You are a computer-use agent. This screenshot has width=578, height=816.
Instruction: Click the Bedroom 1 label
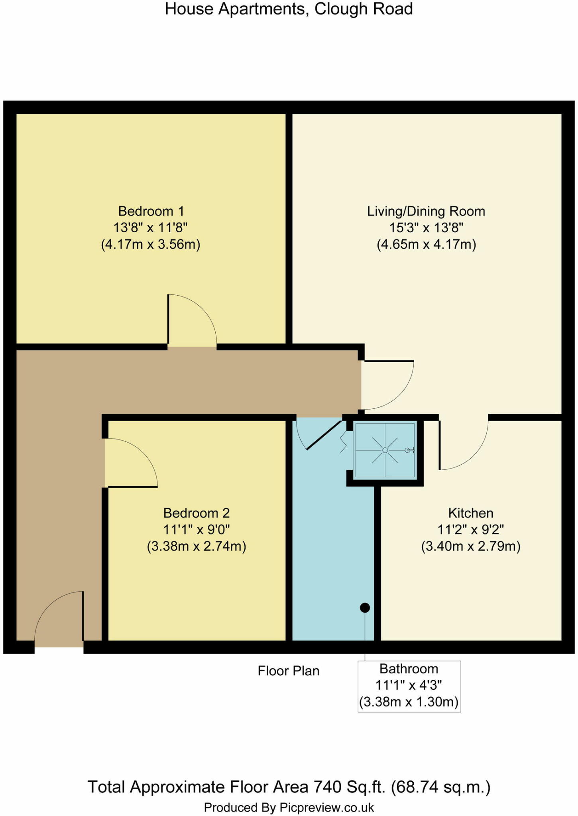pyautogui.click(x=151, y=211)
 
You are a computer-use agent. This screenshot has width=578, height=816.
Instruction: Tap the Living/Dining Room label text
pyautogui.click(x=426, y=211)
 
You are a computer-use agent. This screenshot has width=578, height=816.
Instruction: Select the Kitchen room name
pyautogui.click(x=470, y=513)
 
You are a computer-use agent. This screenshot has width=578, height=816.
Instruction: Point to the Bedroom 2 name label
pyautogui.click(x=196, y=513)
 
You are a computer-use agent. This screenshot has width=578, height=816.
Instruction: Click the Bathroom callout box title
pyautogui.click(x=409, y=669)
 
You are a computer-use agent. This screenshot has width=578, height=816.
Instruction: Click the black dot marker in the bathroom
pyautogui.click(x=365, y=608)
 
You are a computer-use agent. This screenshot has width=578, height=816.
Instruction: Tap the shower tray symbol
pyautogui.click(x=385, y=450)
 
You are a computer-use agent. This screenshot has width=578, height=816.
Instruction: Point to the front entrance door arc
pyautogui.click(x=59, y=616)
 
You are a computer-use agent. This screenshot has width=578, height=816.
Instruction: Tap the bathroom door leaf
pyautogui.click(x=324, y=435)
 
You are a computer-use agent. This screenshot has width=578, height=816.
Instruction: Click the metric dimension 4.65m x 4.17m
pyautogui.click(x=426, y=244)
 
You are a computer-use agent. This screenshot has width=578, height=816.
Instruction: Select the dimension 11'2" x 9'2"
pyautogui.click(x=470, y=530)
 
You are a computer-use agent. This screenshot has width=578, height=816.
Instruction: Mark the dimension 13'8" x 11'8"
pyautogui.click(x=151, y=228)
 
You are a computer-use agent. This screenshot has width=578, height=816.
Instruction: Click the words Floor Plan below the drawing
pyautogui.click(x=288, y=671)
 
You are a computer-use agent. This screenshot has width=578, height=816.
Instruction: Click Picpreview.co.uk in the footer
pyautogui.click(x=326, y=808)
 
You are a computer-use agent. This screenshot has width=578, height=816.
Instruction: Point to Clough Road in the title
pyautogui.click(x=364, y=9)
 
